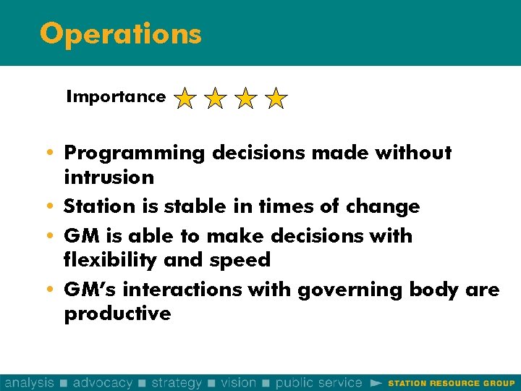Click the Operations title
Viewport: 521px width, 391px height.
(120, 34)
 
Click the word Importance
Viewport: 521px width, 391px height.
(116, 97)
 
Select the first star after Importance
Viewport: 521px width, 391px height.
(185, 98)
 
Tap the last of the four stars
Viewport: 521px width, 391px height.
(276, 98)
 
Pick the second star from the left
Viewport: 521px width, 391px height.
(215, 98)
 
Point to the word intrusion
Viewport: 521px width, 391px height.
(109, 177)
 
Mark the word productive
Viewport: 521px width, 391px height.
(117, 314)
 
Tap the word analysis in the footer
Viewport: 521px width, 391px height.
(29, 382)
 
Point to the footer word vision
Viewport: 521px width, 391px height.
(239, 382)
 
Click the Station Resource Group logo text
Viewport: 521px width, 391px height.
(452, 383)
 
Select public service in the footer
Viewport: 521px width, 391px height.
(318, 382)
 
